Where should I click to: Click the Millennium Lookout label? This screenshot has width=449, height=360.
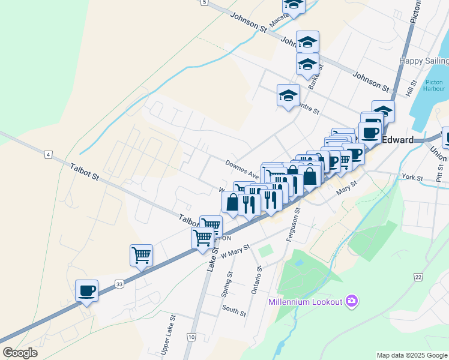[x=305, y=301]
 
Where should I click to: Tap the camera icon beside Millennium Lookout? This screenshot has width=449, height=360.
[x=352, y=301]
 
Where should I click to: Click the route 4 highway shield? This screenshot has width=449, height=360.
[x=47, y=155]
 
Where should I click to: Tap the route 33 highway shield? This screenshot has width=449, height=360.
[x=119, y=284]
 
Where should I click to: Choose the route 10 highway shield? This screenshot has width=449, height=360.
[x=191, y=338]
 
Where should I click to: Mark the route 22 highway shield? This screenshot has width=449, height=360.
[x=418, y=277]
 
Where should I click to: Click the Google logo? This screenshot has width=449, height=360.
[x=20, y=352]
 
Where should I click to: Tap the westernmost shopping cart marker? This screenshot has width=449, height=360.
[x=141, y=255]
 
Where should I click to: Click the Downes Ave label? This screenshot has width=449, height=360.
[x=241, y=169]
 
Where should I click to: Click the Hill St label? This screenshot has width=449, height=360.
[x=411, y=89]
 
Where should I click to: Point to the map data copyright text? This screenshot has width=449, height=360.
[x=411, y=355]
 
